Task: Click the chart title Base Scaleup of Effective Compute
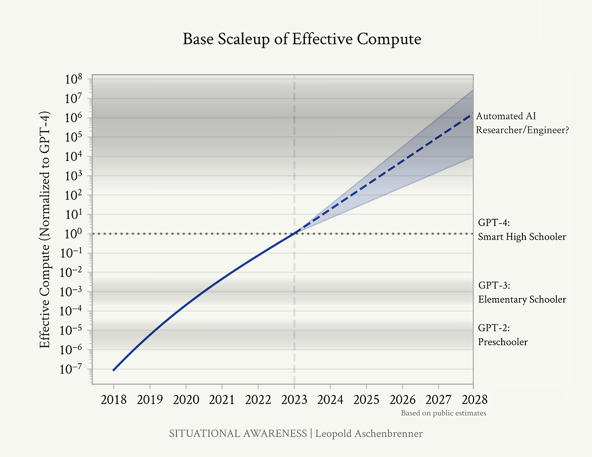(302, 39)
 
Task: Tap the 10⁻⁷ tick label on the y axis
(73, 370)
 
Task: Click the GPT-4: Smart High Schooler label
(522, 229)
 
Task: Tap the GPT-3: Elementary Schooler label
(522, 293)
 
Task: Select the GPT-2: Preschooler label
(503, 335)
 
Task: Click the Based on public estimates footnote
(444, 413)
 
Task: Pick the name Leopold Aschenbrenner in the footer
(369, 434)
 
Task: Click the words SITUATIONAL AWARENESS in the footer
(238, 434)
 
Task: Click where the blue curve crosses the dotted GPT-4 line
(295, 233)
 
